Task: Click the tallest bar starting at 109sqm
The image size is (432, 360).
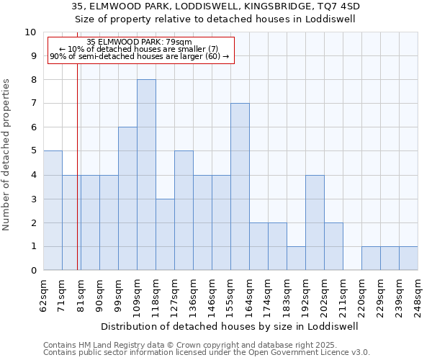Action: click(x=146, y=175)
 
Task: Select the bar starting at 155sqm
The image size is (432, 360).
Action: click(x=240, y=186)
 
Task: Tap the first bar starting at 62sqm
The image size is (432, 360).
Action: click(x=53, y=210)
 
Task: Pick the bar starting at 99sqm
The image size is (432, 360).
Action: click(x=127, y=199)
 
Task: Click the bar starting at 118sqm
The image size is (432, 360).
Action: click(x=165, y=235)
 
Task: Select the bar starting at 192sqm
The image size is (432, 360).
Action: click(x=315, y=222)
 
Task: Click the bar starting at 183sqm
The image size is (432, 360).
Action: click(x=296, y=258)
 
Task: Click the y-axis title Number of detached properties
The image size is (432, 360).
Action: click(x=7, y=156)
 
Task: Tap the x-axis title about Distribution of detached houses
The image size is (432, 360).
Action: click(x=230, y=326)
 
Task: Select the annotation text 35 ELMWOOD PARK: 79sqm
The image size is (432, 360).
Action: click(x=139, y=42)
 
